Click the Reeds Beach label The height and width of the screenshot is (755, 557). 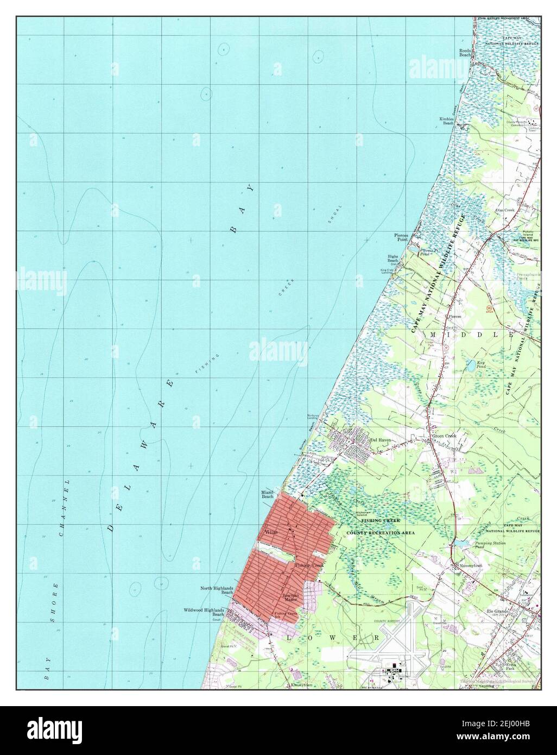pos(466,52)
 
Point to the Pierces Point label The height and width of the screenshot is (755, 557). pos(401,236)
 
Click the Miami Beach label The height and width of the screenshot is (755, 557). pos(268,494)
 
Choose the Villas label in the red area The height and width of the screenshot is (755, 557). pos(271,532)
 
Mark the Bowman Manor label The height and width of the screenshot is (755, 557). pos(292,599)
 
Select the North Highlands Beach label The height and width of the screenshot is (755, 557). pos(217,590)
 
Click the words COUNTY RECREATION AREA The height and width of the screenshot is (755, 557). pos(381,533)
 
